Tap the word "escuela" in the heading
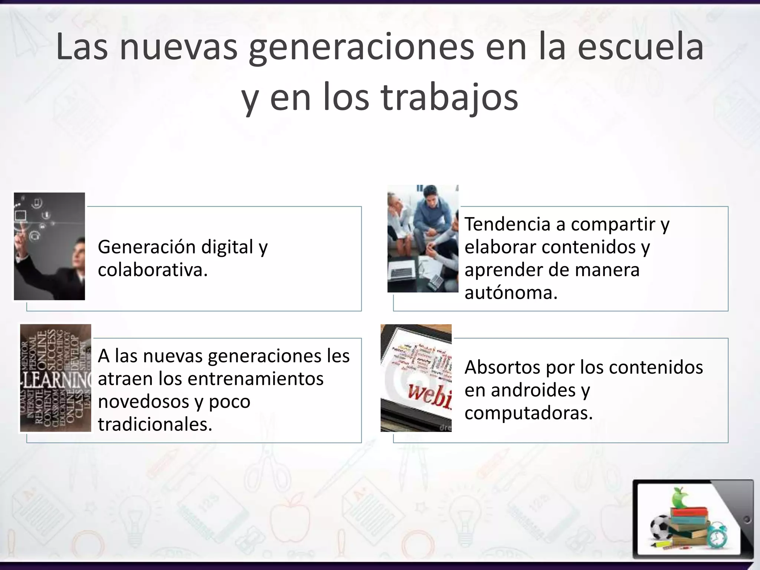point(641,47)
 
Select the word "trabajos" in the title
point(450,97)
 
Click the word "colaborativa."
point(153,270)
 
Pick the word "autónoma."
point(511,293)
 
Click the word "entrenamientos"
point(256,379)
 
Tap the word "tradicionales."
point(155,424)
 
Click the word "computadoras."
point(528,413)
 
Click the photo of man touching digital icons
point(49,246)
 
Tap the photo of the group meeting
point(423,239)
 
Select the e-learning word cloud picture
point(56,378)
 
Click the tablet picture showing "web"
point(416,378)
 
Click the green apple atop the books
point(680,498)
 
